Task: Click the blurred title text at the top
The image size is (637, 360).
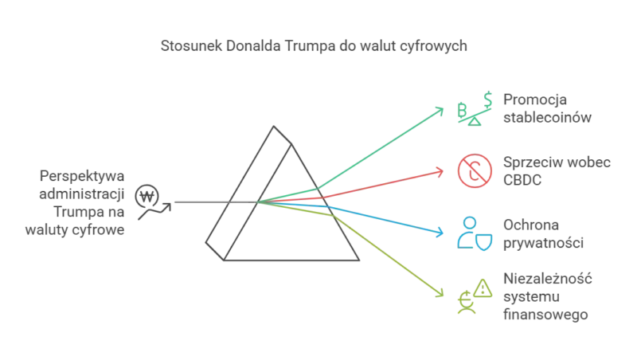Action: [315, 44]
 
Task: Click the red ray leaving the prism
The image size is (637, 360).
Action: [382, 182]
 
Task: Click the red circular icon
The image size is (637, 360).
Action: [471, 171]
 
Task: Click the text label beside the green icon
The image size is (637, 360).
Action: [548, 110]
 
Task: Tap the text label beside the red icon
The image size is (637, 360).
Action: [556, 171]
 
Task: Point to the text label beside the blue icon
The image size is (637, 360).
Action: [545, 232]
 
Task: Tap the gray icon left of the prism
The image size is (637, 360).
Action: [151, 199]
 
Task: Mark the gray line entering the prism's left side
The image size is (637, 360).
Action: [199, 201]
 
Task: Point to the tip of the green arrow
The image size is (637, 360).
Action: [443, 108]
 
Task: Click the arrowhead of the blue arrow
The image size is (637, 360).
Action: [442, 233]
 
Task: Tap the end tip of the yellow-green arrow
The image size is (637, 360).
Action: [442, 295]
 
